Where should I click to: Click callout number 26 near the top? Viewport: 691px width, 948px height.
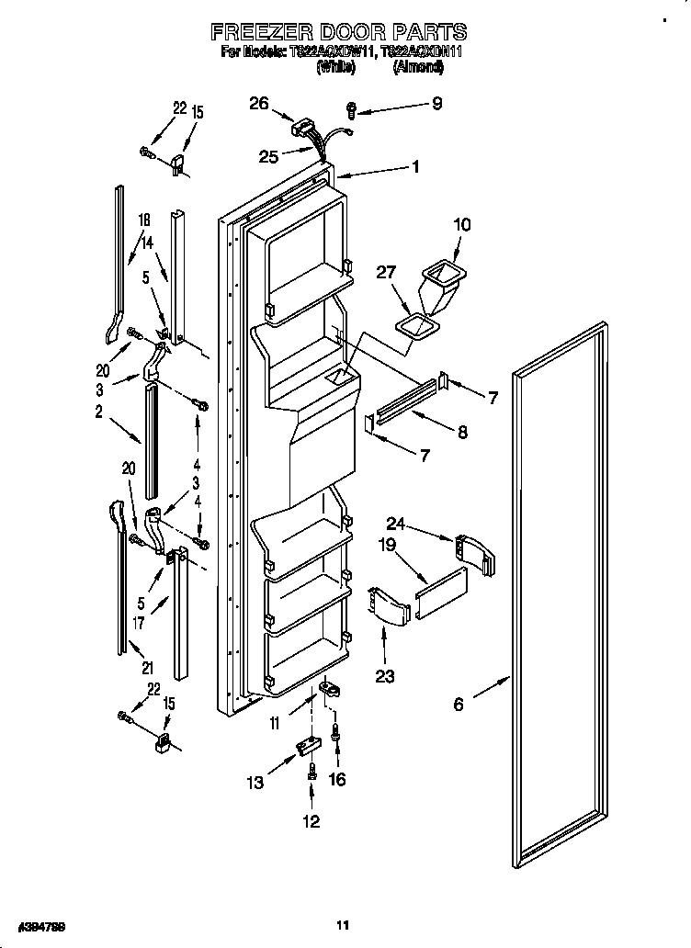pyautogui.click(x=258, y=104)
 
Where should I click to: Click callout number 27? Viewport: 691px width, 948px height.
pyautogui.click(x=387, y=272)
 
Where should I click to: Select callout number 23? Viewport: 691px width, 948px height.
pyautogui.click(x=384, y=676)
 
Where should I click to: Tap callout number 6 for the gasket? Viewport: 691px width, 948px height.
pyautogui.click(x=458, y=705)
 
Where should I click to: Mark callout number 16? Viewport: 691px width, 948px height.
pyautogui.click(x=338, y=779)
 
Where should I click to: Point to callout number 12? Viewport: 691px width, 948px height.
pyautogui.click(x=312, y=821)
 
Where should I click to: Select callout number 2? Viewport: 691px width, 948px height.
pyautogui.click(x=98, y=412)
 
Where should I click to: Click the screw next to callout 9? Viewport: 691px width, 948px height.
pyautogui.click(x=351, y=110)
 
